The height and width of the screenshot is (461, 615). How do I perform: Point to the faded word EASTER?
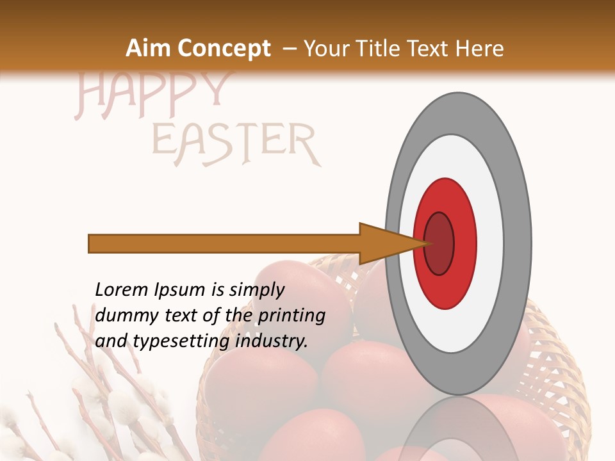(x=235, y=144)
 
